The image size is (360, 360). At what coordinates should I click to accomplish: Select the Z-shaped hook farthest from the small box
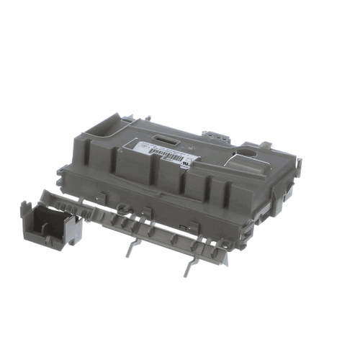tap(192, 264)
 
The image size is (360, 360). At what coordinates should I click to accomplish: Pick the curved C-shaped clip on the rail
tap(123, 210)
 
